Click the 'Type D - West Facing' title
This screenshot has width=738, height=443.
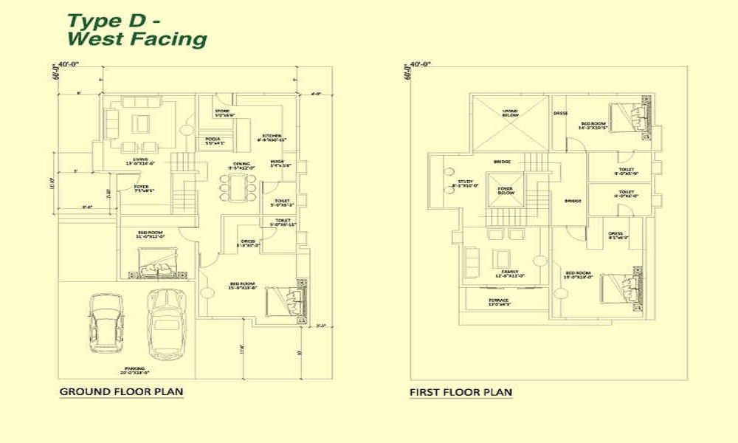pyautogui.click(x=137, y=30)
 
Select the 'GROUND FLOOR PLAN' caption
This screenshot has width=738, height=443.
pyautogui.click(x=121, y=391)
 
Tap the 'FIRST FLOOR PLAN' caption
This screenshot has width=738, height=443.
pyautogui.click(x=461, y=393)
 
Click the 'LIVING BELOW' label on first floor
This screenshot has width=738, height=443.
pyautogui.click(x=510, y=112)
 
